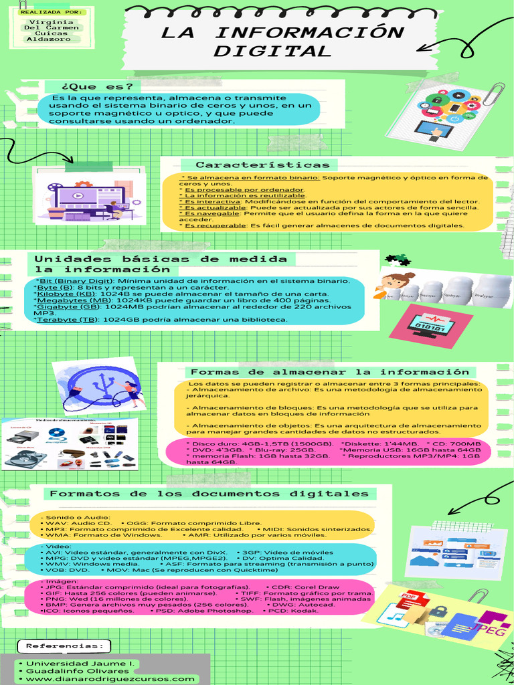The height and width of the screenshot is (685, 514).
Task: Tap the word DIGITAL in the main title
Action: pyautogui.click(x=272, y=52)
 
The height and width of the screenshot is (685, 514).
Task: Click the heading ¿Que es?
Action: pyautogui.click(x=97, y=86)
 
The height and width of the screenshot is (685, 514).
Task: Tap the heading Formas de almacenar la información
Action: pyautogui.click(x=329, y=372)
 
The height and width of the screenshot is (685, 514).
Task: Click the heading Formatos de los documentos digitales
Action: pyautogui.click(x=209, y=494)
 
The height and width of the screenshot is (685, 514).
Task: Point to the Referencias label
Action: pyautogui.click(x=64, y=646)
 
